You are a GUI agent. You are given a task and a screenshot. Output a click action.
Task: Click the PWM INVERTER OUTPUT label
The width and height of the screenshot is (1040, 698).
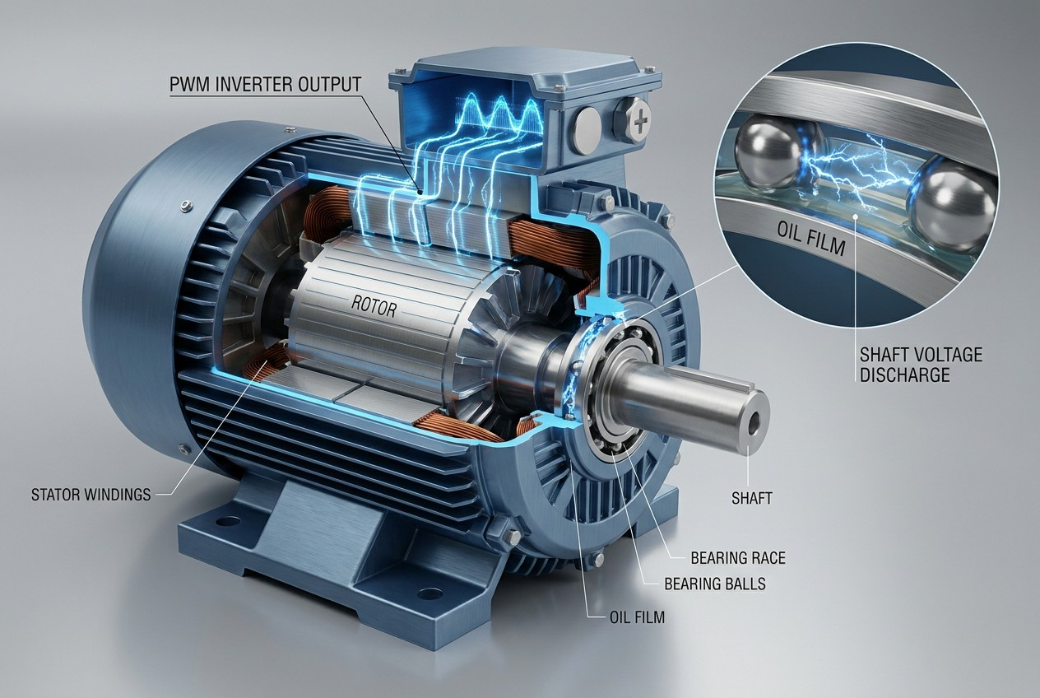click(265, 85)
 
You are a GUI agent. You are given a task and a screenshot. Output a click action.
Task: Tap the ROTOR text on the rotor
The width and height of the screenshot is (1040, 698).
click(374, 305)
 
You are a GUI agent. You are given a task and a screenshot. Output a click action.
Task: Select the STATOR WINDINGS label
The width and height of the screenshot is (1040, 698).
click(91, 495)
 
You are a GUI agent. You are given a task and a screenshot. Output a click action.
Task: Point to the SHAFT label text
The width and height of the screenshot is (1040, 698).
click(752, 498)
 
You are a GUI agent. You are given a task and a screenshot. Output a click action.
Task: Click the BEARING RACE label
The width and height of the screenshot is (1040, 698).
click(738, 558)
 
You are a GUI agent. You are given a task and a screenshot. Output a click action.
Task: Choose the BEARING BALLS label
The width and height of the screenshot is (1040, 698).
click(715, 584)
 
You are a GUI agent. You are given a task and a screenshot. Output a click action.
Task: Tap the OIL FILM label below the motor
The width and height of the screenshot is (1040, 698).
click(637, 617)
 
